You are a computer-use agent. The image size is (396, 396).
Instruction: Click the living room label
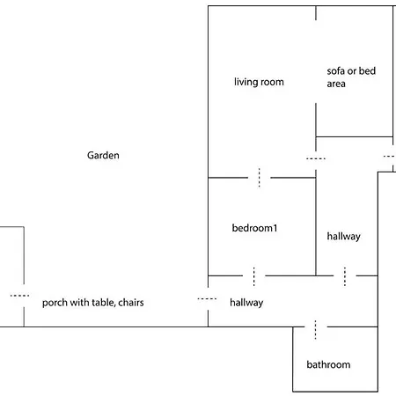259,82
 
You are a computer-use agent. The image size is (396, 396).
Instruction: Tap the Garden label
103,155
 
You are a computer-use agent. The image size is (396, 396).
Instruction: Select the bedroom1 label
254,228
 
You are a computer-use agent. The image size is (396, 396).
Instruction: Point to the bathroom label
328,364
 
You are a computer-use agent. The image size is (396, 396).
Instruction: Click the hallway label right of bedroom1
344,237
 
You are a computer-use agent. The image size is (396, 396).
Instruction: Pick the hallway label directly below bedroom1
246,303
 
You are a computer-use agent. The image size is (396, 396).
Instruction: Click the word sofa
336,70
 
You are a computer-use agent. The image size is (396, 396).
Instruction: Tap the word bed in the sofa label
367,70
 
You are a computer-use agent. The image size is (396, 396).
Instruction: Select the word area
336,84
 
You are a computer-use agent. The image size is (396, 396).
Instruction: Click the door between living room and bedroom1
259,178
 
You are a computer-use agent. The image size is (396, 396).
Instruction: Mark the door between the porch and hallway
207,299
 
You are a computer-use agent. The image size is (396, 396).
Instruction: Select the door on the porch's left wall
19,296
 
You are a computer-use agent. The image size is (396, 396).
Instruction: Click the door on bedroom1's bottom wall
253,276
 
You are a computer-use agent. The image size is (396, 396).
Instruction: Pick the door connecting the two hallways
345,276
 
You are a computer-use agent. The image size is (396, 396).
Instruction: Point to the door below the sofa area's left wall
316,158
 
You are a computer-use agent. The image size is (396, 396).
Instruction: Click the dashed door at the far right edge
390,157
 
